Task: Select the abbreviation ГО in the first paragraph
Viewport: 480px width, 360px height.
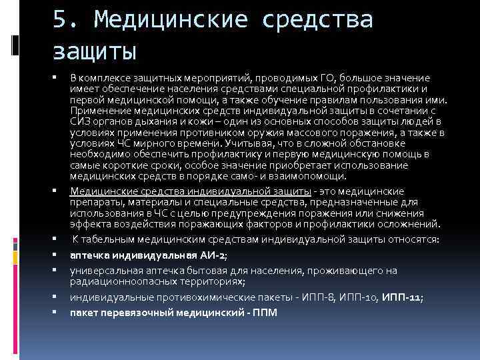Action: coord(319,78)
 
